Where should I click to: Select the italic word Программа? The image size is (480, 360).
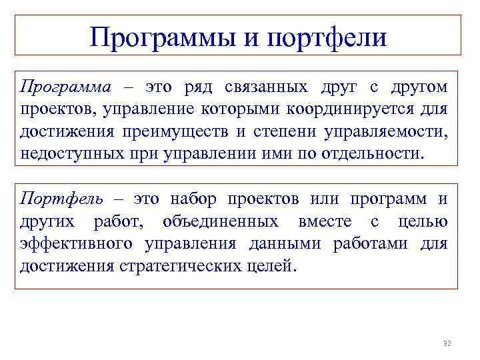coord(61,87)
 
